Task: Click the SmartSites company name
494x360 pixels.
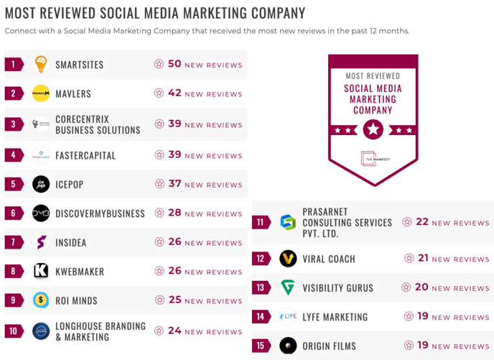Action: (79, 65)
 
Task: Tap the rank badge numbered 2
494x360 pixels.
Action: (14, 93)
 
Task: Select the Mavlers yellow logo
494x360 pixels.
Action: (41, 93)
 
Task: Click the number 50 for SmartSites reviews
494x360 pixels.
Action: (174, 64)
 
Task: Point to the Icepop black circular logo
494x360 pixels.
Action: (41, 184)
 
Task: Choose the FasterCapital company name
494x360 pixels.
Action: (85, 155)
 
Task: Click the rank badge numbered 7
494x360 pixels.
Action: (14, 242)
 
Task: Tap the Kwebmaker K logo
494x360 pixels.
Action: (41, 271)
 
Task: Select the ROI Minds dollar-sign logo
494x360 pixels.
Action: (41, 300)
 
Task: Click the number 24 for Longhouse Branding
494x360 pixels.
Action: (174, 331)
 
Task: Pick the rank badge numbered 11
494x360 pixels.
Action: (261, 222)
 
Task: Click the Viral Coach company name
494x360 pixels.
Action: (329, 259)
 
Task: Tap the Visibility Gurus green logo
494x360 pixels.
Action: (288, 287)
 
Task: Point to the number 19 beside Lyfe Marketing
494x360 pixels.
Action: (422, 316)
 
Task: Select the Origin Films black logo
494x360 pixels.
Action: (288, 346)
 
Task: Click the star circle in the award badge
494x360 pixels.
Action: (373, 130)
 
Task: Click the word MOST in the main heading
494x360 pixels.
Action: (22, 13)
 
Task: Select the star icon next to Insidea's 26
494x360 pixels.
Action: (159, 242)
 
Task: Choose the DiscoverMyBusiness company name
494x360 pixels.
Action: (100, 213)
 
